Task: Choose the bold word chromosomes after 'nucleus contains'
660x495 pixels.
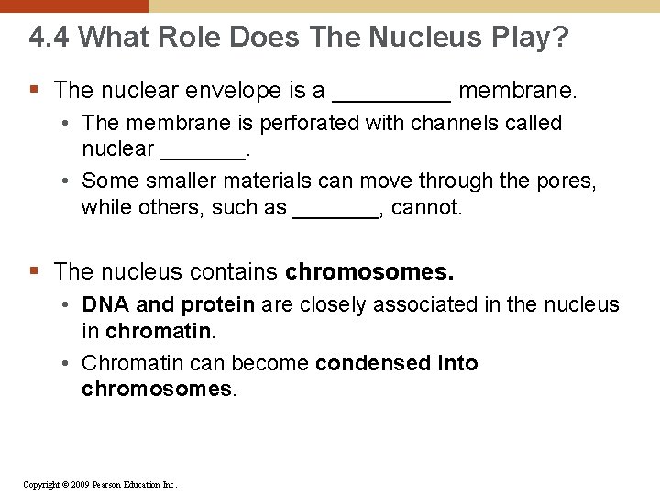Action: pyautogui.click(x=369, y=272)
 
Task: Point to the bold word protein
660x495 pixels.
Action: pyautogui.click(x=218, y=304)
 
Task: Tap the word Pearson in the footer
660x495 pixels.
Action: pyautogui.click(x=110, y=484)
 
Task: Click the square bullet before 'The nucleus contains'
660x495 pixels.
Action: pyautogui.click(x=34, y=271)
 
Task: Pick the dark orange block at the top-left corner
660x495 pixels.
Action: pyautogui.click(x=73, y=5)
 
